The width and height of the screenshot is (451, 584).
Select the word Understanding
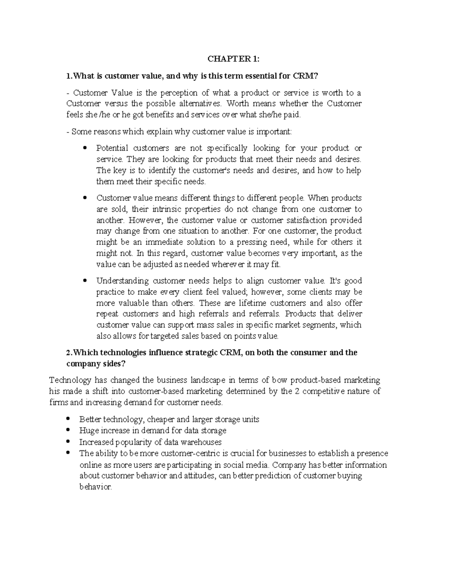(117, 281)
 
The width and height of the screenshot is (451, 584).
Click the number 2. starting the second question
(68, 353)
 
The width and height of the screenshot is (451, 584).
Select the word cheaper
(160, 419)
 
